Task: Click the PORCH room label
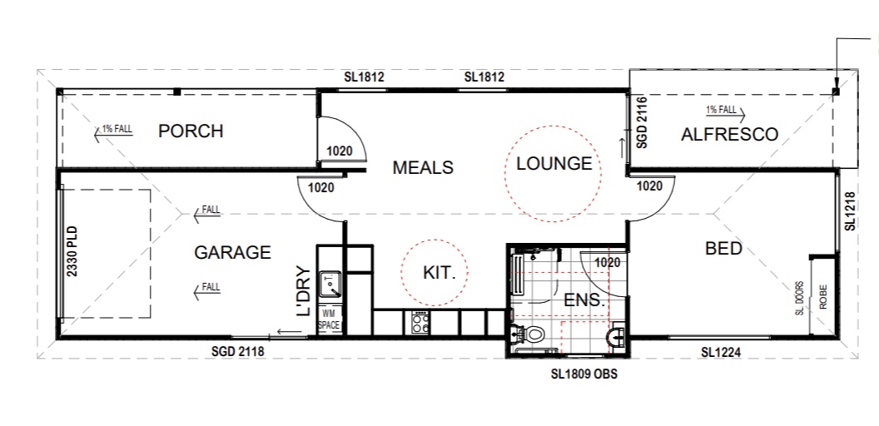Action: [191, 131]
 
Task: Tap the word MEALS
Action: [423, 167]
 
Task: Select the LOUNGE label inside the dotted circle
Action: [554, 164]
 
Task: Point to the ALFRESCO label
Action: [729, 135]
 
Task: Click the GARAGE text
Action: [232, 252]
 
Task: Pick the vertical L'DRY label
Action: [303, 291]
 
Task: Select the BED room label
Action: [723, 248]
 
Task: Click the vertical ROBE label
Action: [823, 297]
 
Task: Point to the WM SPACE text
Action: [329, 319]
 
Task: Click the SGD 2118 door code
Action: [238, 352]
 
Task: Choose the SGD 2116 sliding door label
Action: [643, 122]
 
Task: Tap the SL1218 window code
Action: [851, 212]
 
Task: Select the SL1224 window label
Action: [722, 353]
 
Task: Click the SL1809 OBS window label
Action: [584, 374]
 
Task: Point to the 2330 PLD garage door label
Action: [72, 250]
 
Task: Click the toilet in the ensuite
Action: [528, 334]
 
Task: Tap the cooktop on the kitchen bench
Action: [420, 322]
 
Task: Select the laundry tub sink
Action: [330, 283]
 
